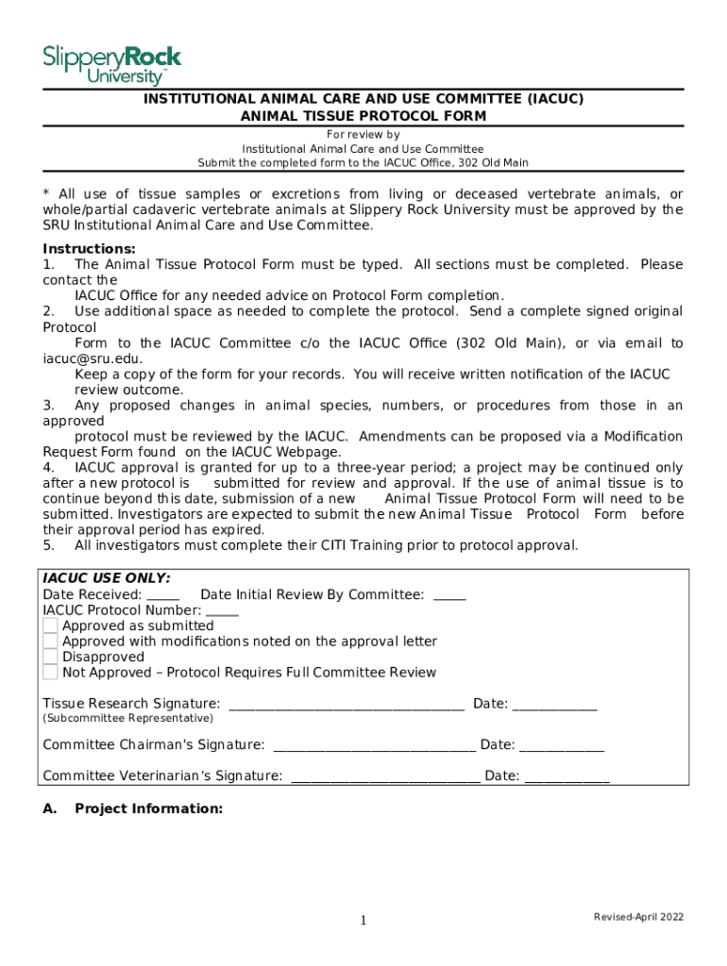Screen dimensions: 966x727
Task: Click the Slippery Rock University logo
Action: (x=111, y=63)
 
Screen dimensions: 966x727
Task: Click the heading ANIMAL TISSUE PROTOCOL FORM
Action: (x=363, y=116)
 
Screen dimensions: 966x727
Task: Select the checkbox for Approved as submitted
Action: (x=50, y=625)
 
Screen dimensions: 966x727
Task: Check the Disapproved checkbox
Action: (x=50, y=657)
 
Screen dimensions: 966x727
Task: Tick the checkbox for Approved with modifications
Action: (x=50, y=641)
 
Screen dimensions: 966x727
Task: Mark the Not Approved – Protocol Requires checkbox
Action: (x=50, y=673)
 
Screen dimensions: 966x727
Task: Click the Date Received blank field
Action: (x=163, y=595)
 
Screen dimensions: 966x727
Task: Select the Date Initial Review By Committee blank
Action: (x=448, y=595)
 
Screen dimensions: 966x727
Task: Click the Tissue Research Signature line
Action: (x=346, y=705)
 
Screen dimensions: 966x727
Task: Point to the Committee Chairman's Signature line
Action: (x=374, y=746)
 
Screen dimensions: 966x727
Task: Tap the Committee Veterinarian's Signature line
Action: (x=385, y=777)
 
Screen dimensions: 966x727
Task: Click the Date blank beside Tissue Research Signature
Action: (x=554, y=705)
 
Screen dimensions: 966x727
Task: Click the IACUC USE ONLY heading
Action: (x=107, y=578)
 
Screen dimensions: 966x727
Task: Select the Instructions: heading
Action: (x=82, y=249)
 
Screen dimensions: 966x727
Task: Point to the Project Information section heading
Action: (x=148, y=808)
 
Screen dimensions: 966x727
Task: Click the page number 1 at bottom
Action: (x=363, y=921)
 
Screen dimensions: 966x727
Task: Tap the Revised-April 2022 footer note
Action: (x=638, y=917)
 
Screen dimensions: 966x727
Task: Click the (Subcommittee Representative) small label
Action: (x=114, y=719)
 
